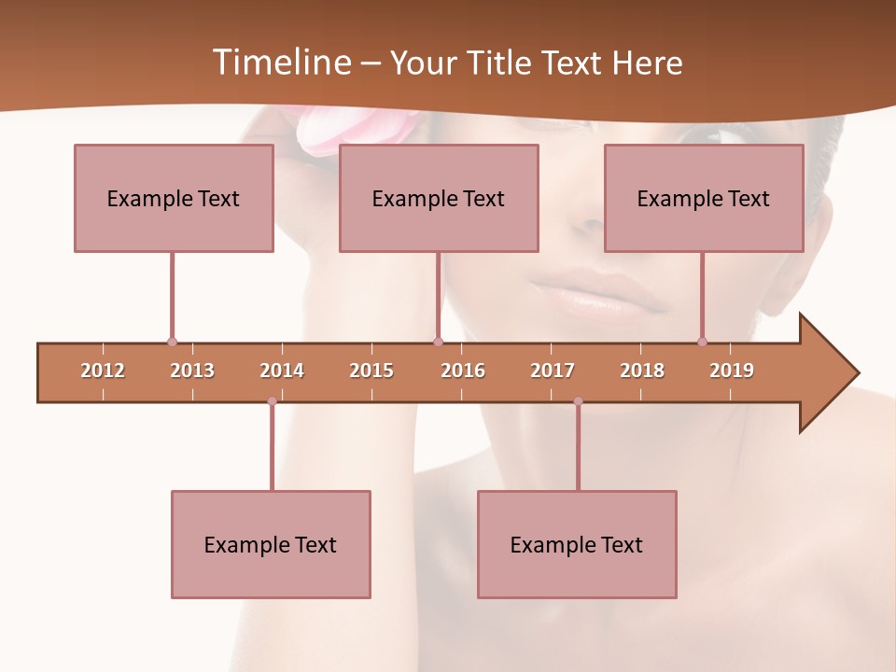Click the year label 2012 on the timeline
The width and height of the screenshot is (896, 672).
[x=103, y=371]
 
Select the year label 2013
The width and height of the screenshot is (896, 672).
[x=192, y=371]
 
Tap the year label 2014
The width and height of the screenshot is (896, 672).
[x=282, y=371]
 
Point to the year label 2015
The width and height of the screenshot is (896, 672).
[x=371, y=371]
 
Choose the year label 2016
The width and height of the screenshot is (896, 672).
[x=463, y=371]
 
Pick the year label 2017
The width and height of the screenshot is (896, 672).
[x=553, y=371]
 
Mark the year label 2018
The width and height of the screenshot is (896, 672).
[x=642, y=371]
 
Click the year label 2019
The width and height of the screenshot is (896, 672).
[x=732, y=371]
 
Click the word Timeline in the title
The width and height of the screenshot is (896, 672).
[x=280, y=63]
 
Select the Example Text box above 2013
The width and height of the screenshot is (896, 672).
[x=174, y=198]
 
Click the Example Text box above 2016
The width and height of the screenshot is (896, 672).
[x=439, y=198]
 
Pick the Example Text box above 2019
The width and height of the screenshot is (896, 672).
[x=704, y=198]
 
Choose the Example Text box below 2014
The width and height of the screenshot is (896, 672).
[x=271, y=544]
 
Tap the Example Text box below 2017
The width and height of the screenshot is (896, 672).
[x=577, y=544]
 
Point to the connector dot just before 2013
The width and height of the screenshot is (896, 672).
[x=172, y=342]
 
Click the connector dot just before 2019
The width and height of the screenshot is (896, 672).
[x=702, y=342]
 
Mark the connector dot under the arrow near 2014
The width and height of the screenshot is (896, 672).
[x=272, y=401]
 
